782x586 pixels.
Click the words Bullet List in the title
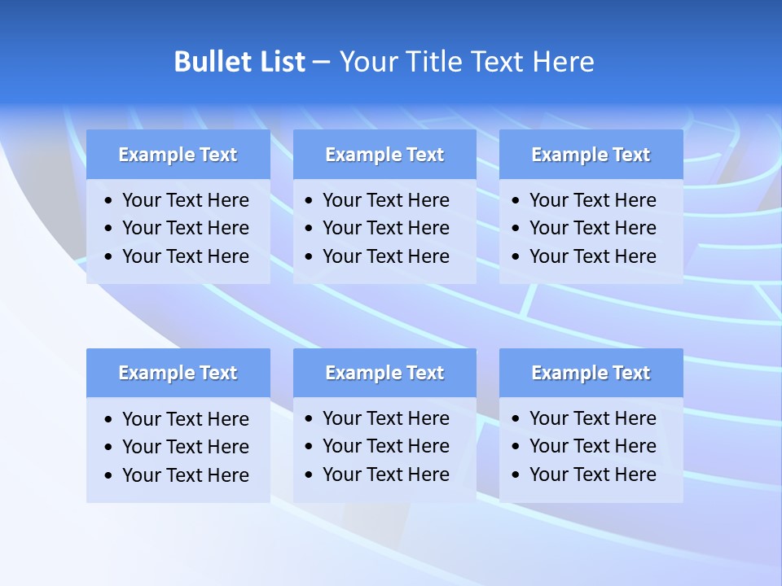click(x=239, y=62)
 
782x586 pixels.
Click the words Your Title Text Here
click(x=466, y=62)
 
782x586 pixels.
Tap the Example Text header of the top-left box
click(x=178, y=155)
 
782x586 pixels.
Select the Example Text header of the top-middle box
click(x=384, y=155)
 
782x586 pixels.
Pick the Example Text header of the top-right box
click(x=591, y=155)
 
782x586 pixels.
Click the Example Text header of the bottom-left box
click(x=178, y=373)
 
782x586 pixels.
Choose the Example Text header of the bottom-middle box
click(x=384, y=373)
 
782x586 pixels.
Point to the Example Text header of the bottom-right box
click(x=591, y=373)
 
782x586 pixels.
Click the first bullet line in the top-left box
click(x=185, y=200)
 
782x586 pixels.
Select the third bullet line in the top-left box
click(x=185, y=256)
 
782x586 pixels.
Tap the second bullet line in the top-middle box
click(x=385, y=228)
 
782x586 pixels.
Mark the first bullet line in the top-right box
click(x=592, y=200)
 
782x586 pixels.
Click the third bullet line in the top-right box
click(x=592, y=256)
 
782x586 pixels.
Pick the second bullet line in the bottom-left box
click(x=185, y=447)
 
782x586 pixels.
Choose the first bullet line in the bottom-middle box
click(x=385, y=418)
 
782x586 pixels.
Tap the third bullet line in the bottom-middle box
click(x=385, y=474)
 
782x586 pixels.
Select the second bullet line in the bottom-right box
click(x=592, y=446)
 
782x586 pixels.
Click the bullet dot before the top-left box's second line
click(x=109, y=229)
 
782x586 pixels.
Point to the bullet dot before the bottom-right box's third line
click(x=516, y=475)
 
